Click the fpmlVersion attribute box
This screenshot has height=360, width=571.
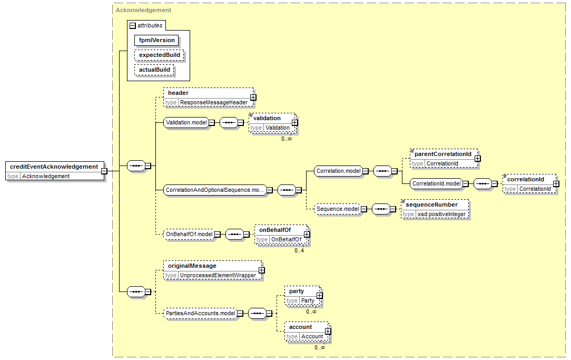coord(156,41)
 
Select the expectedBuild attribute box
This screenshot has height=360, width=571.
coord(160,55)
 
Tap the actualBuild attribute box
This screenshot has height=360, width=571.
coord(154,70)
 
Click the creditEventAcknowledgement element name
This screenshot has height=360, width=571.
coord(54,167)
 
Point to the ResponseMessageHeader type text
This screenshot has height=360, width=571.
coord(214,103)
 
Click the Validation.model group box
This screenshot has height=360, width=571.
coord(186,123)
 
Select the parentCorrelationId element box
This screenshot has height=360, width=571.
coord(444,159)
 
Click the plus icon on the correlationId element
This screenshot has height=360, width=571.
coord(556,184)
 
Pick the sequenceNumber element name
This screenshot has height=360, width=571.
coord(431,205)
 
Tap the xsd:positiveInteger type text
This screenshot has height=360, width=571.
coord(441,214)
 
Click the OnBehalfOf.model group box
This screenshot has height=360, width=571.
coord(189,235)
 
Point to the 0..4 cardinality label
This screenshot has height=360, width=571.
coord(299,251)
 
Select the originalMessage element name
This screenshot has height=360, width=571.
coord(192,266)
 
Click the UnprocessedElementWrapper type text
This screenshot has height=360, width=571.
coord(218,276)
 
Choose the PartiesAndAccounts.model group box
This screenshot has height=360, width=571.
coord(200,314)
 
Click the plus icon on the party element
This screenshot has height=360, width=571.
coord(319,296)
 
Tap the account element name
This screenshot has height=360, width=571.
coord(300,327)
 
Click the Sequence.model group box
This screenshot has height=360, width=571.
coord(338,209)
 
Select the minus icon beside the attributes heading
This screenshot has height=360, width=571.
coord(133,26)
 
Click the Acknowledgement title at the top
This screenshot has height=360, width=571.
coord(143,10)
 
